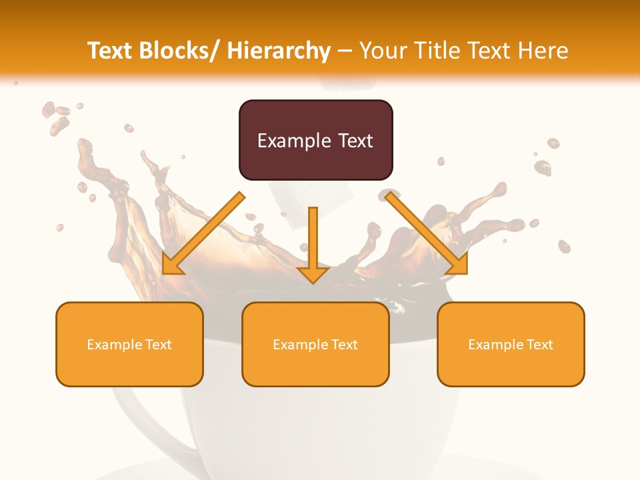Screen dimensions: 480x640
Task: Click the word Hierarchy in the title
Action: coord(279,51)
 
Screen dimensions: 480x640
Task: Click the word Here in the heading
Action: coord(543,51)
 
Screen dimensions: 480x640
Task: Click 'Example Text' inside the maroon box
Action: coord(315,141)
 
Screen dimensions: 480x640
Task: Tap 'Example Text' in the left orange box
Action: coord(129,345)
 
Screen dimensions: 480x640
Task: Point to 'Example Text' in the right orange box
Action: coord(511,345)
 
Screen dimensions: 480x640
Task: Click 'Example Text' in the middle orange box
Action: coord(315,345)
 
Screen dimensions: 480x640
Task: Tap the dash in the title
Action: coord(345,51)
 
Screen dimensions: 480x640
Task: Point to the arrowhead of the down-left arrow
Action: coord(171,265)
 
